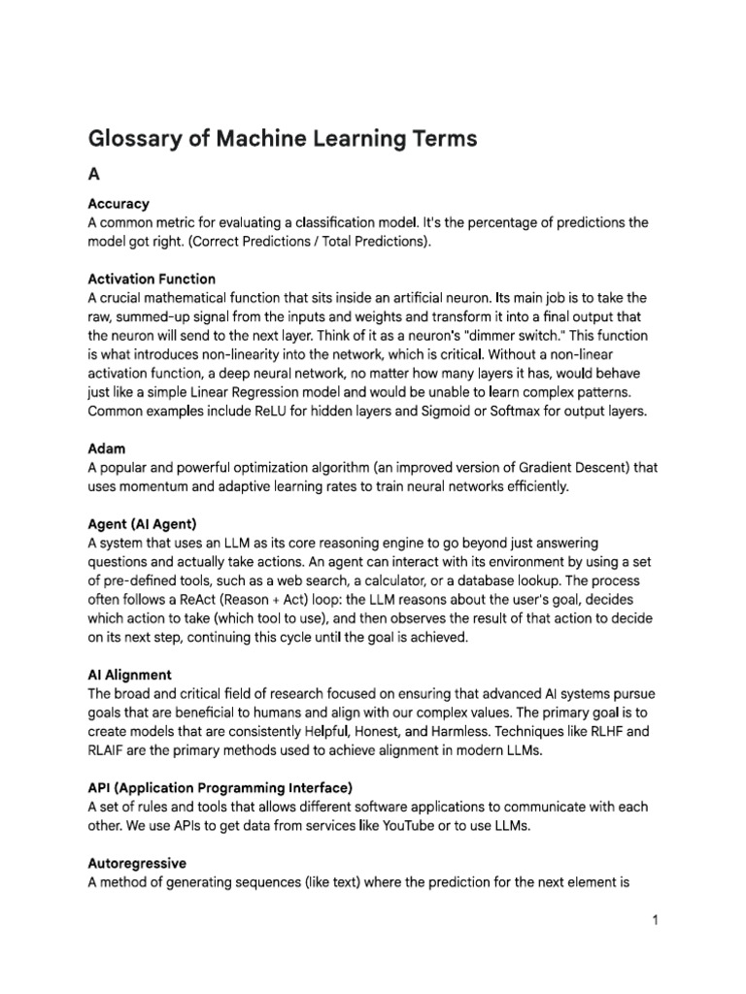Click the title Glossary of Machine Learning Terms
click(283, 139)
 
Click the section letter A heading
click(94, 175)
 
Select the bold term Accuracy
click(119, 204)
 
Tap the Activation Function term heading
click(152, 280)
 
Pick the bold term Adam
click(107, 449)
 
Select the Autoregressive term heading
click(137, 863)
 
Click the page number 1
click(656, 921)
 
